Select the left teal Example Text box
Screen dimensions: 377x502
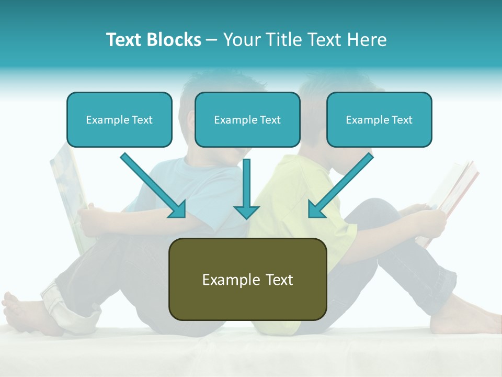pyautogui.click(x=119, y=120)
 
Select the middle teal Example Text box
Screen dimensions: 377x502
pyautogui.click(x=247, y=120)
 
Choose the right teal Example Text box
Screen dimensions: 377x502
pyautogui.click(x=379, y=120)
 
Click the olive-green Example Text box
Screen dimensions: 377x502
pyautogui.click(x=247, y=279)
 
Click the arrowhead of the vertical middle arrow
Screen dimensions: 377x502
pyautogui.click(x=246, y=212)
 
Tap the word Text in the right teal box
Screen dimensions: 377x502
pyautogui.click(x=401, y=120)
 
